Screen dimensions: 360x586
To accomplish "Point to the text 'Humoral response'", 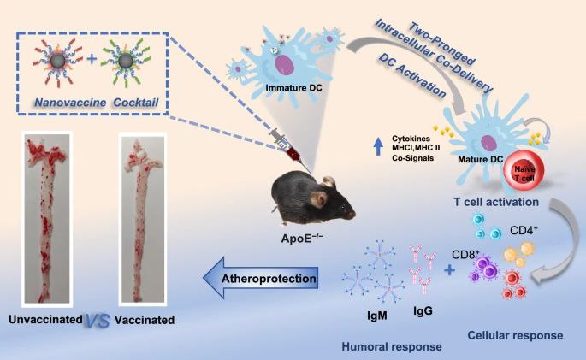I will coord(370,345).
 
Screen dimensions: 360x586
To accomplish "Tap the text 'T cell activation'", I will coord(494,203).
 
